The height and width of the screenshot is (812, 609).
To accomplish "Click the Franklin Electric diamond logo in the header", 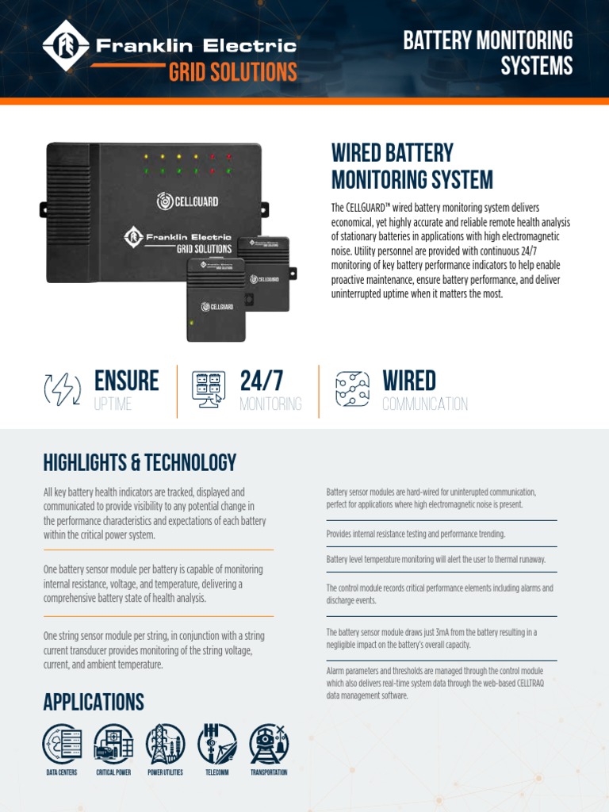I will click(x=66, y=46).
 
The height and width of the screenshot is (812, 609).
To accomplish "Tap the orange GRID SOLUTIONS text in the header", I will click(x=232, y=72).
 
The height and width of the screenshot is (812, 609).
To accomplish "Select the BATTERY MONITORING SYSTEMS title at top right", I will click(x=488, y=53).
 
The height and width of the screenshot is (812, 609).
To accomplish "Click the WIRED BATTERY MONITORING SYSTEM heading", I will click(x=412, y=167).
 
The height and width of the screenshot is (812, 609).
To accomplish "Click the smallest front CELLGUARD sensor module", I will click(x=216, y=300).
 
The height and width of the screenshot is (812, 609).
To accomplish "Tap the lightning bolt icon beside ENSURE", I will click(x=62, y=389).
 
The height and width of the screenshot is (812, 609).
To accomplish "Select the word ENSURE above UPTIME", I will click(x=126, y=381).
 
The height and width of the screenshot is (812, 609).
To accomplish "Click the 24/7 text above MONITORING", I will click(x=262, y=381).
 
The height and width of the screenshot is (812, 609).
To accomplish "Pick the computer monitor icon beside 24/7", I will click(x=209, y=389).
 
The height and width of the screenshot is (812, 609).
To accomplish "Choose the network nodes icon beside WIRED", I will click(x=352, y=389).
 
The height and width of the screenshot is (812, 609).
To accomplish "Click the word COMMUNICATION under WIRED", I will click(x=425, y=404).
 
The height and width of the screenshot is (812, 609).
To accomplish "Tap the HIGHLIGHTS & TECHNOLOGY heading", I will click(x=140, y=462).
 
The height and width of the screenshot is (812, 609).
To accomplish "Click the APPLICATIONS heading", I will click(x=94, y=703).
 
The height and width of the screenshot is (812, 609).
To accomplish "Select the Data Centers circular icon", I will click(x=62, y=744).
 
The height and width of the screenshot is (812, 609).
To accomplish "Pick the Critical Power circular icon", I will click(x=113, y=744).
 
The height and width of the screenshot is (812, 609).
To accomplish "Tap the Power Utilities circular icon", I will click(x=165, y=744).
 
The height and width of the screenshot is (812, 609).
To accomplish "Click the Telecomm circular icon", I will click(x=216, y=744).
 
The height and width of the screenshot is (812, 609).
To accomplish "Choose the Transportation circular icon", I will click(x=269, y=744).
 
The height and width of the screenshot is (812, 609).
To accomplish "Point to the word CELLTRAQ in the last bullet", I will click(x=525, y=684).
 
